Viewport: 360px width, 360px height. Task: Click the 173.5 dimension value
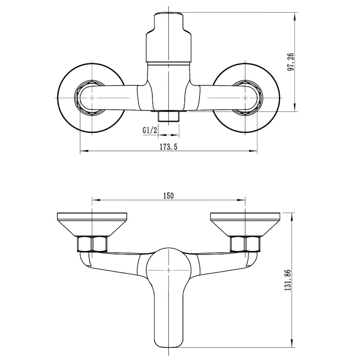point(168,147)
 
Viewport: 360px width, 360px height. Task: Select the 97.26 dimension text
point(290,62)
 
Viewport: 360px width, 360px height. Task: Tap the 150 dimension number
point(168,196)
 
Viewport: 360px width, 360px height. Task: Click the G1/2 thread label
point(150,130)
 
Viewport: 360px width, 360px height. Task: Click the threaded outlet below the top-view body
point(169,117)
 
